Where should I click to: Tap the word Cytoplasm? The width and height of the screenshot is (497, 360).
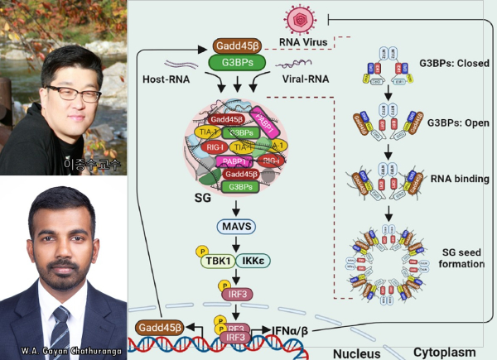(x=445, y=352)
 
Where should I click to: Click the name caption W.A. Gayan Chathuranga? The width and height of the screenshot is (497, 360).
(x=64, y=351)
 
